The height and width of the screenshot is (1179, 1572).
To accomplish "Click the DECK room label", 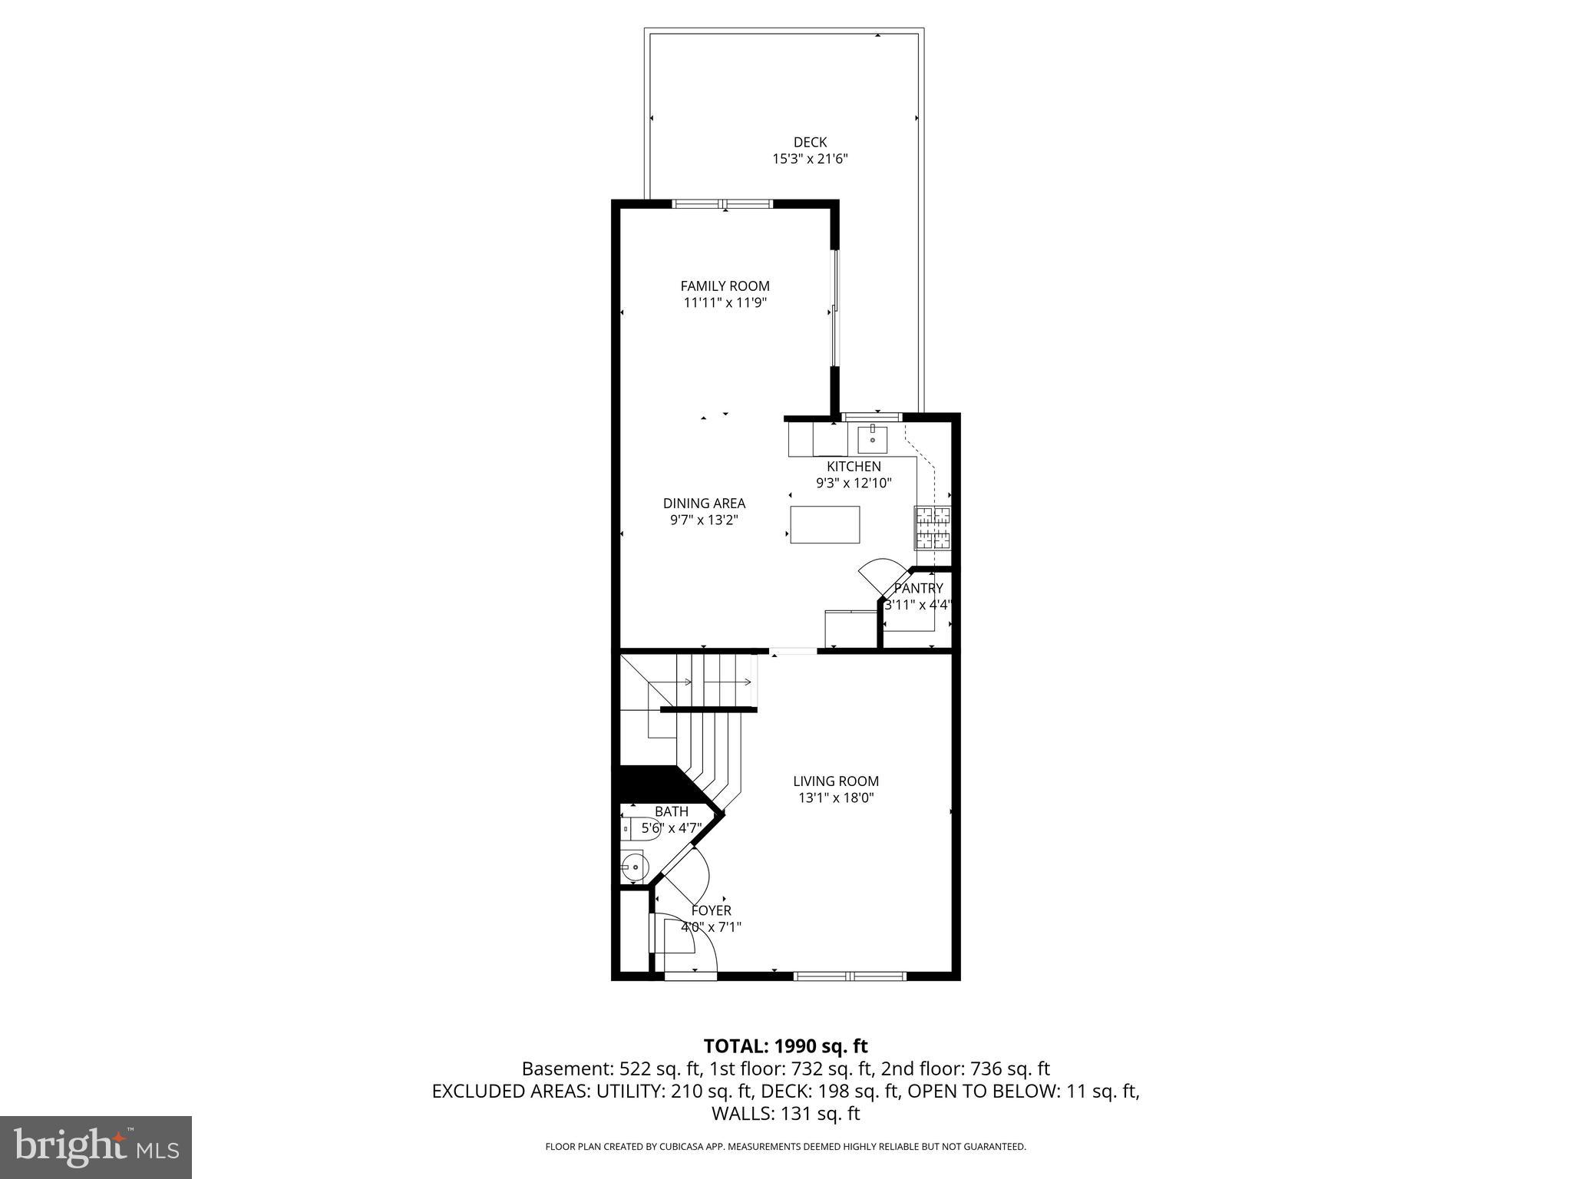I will click(x=810, y=142).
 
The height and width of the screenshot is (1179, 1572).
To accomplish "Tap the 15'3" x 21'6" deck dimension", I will click(x=810, y=160).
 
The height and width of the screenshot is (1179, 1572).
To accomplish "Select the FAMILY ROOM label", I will click(x=725, y=286).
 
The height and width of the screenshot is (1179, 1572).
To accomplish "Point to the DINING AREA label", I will click(x=704, y=504).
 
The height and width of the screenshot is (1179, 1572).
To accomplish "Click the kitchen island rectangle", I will click(x=824, y=524).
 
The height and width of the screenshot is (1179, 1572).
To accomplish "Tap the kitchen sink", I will click(x=873, y=439).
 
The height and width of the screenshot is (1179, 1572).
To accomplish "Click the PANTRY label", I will click(x=918, y=588).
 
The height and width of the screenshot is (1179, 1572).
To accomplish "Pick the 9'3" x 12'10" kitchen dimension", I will click(x=854, y=484).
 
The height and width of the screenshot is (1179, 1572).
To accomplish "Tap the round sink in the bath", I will click(x=634, y=867).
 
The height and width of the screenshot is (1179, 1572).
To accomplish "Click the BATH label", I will click(x=671, y=811).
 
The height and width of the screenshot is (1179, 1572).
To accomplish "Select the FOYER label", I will click(x=711, y=910).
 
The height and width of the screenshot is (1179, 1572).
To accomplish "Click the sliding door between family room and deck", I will click(x=836, y=311).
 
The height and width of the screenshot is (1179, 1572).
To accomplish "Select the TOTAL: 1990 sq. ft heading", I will click(x=785, y=1045).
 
